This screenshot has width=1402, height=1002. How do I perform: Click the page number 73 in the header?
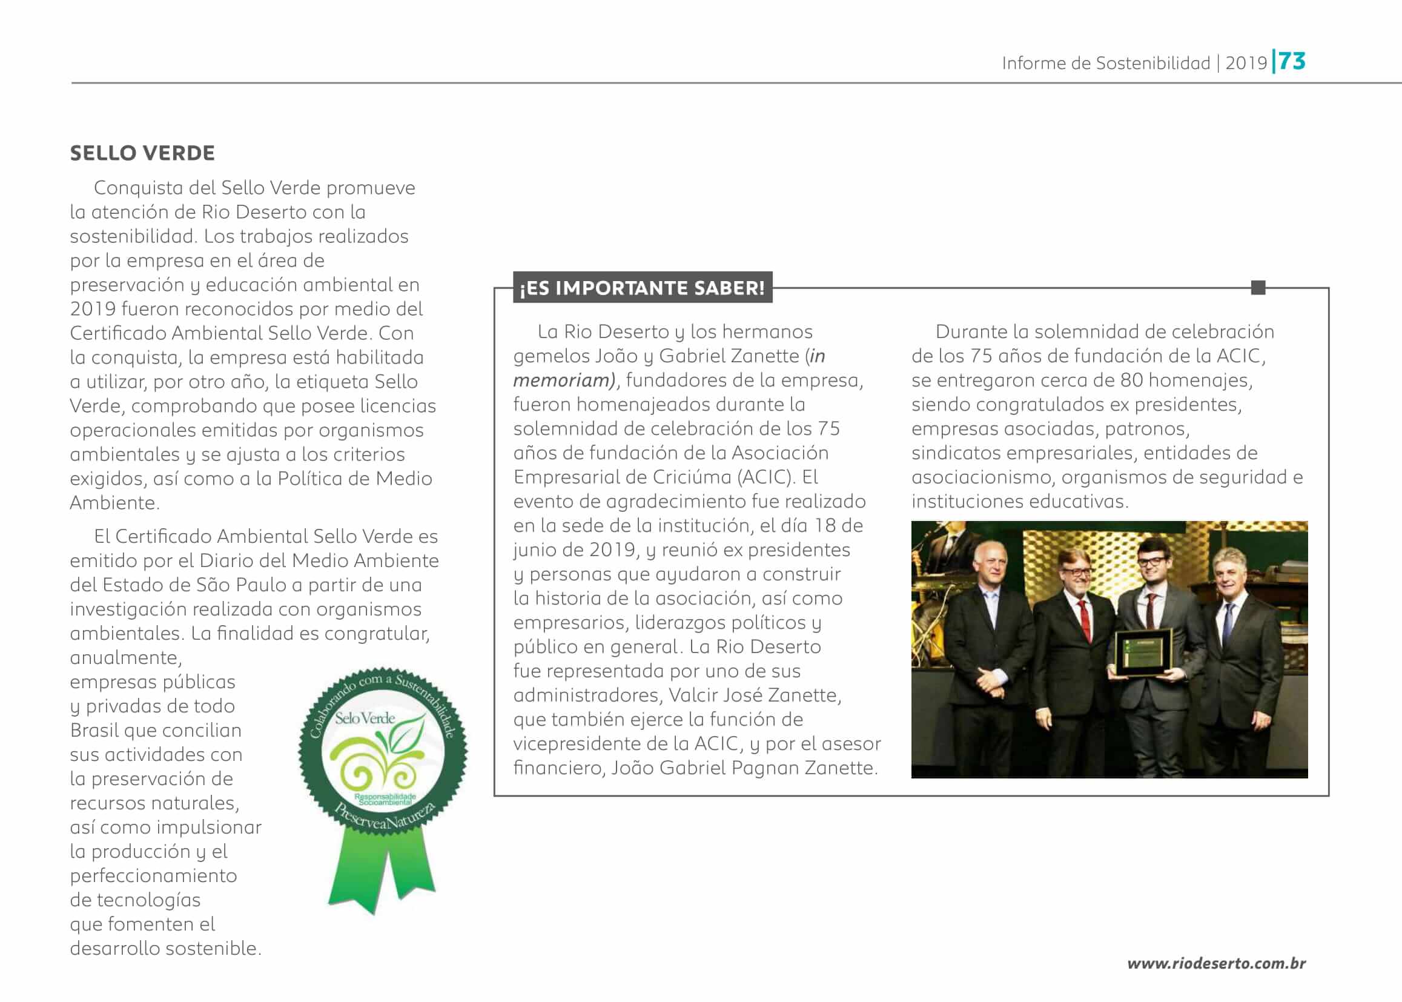point(1292,61)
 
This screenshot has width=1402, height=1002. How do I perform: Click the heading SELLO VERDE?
point(142,153)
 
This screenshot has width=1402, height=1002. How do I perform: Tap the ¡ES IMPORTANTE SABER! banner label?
point(642,288)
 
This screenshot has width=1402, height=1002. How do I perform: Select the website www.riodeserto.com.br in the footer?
point(1215,963)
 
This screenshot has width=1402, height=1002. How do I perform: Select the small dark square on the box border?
point(1258,288)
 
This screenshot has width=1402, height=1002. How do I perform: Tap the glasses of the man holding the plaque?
point(1151,561)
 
